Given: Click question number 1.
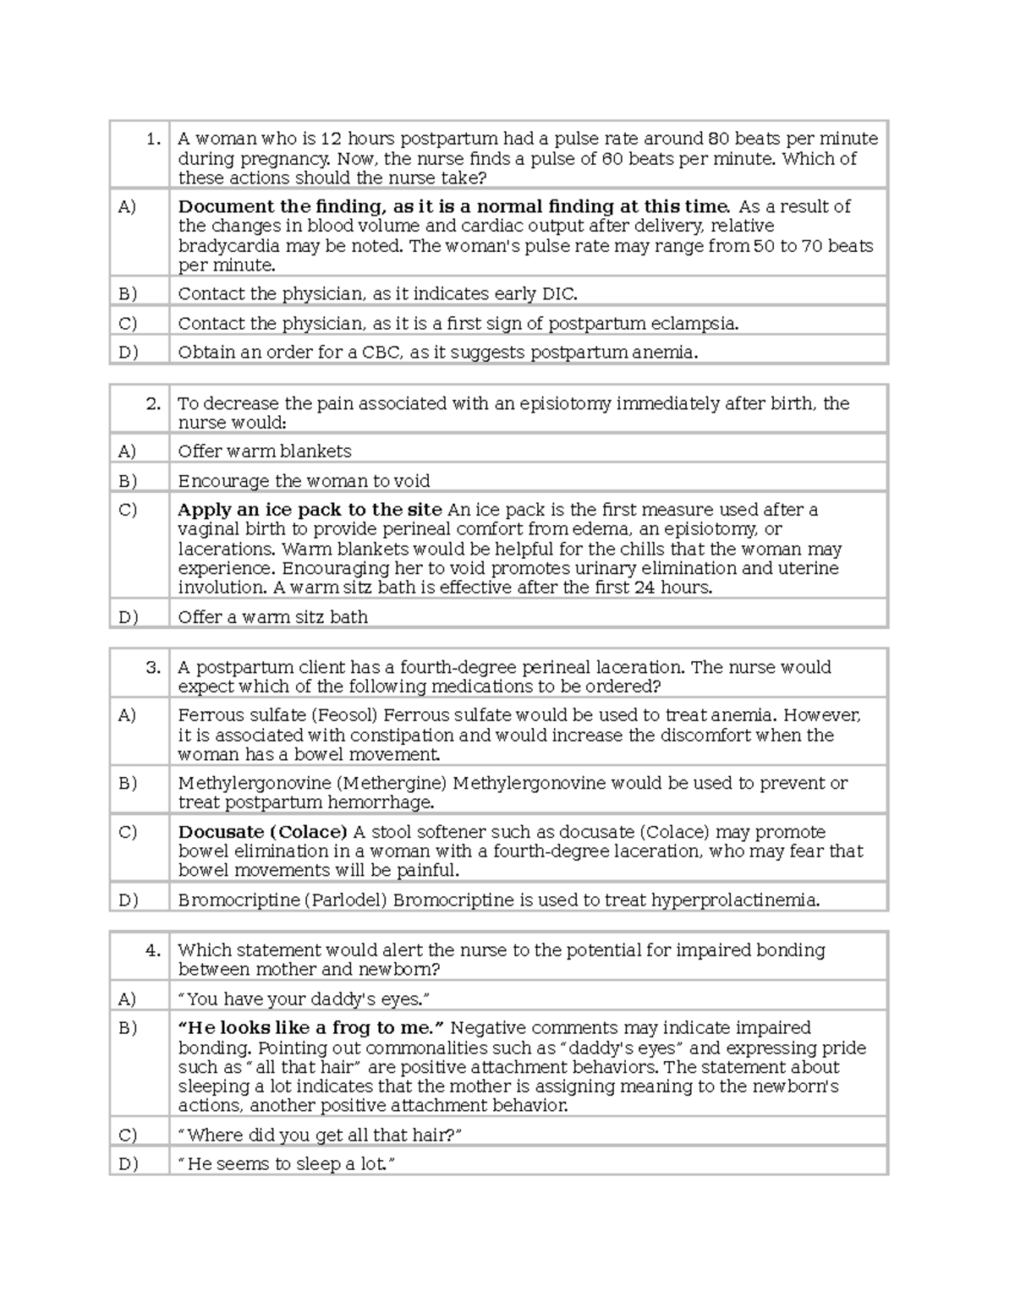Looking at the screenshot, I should click(x=153, y=140).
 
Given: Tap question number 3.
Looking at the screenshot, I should click(x=153, y=667).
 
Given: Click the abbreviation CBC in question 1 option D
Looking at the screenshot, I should click(x=381, y=353).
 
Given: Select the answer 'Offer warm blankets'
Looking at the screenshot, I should click(x=264, y=451).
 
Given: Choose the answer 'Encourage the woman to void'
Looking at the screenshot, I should click(x=304, y=481).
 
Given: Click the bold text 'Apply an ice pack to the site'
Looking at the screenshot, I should click(x=310, y=510).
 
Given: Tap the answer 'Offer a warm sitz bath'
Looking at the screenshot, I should click(x=272, y=617).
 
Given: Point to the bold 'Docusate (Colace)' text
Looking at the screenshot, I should click(x=262, y=832).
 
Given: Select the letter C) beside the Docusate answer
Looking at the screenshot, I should click(x=128, y=832).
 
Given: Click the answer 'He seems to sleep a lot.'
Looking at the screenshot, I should click(x=286, y=1164).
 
